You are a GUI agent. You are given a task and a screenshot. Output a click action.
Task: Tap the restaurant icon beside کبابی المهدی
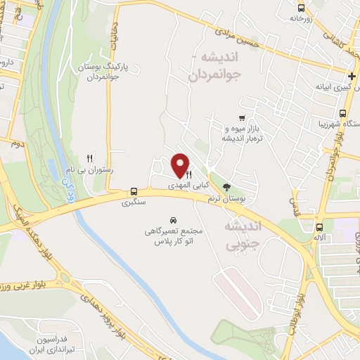189,174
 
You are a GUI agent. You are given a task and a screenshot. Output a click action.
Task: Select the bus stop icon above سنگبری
134,191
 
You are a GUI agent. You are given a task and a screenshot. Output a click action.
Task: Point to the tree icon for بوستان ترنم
226,187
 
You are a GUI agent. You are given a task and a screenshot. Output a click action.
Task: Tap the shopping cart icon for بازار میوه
241,118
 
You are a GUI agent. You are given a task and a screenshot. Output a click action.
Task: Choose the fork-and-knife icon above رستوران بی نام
89,158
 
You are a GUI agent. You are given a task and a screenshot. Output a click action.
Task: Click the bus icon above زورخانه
301,9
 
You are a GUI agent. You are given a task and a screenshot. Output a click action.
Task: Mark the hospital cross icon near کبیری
352,76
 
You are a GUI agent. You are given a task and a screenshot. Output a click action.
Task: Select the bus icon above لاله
320,227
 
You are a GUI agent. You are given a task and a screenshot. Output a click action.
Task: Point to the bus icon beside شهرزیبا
342,113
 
